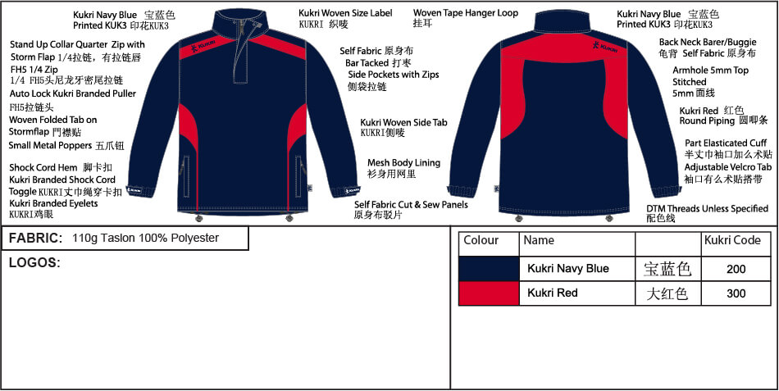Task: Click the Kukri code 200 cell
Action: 736,269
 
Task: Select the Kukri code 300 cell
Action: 736,293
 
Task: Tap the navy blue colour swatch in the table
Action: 489,269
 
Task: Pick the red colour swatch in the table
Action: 489,293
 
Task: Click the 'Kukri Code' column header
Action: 732,240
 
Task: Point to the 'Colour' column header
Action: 481,240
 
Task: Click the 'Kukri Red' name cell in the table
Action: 553,293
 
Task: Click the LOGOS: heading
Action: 34,263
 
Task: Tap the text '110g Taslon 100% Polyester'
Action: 146,238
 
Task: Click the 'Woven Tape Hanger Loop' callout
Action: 466,13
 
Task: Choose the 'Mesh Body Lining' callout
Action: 404,163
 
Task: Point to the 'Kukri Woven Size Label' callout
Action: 345,13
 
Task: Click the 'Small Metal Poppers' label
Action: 50,146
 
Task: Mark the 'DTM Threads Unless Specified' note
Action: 708,209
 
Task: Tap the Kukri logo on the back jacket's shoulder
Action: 605,47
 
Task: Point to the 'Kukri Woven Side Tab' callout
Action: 403,122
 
